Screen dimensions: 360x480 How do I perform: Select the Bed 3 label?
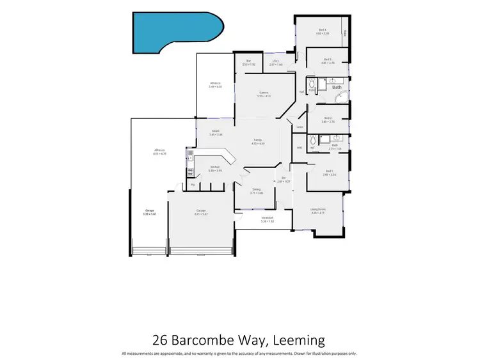coord(327,60)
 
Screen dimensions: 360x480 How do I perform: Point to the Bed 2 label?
coord(327,118)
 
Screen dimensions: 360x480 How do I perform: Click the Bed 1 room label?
coord(328,171)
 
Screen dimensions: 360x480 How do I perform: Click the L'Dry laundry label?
coord(275,61)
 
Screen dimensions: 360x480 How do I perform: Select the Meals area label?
coord(217,132)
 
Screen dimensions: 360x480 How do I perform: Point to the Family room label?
coord(258,140)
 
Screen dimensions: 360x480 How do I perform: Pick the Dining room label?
coord(256,189)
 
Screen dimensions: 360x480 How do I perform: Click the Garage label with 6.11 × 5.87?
coord(200,211)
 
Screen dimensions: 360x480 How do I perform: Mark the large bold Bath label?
coord(337,86)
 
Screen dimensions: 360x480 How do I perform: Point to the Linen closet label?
coord(300,127)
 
